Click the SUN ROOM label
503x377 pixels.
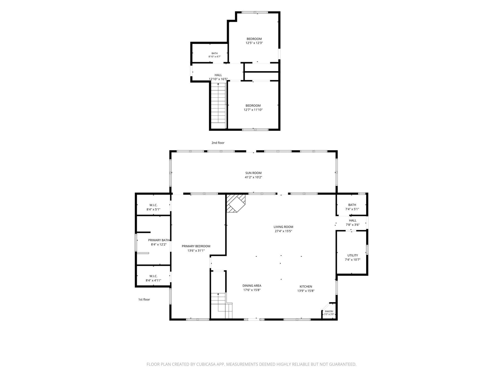(253, 173)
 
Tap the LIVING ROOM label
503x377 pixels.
(283, 227)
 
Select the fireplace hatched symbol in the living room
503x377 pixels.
(236, 203)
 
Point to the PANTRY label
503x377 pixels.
(329, 311)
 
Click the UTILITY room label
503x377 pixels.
(353, 255)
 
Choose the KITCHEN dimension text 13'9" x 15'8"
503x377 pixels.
(306, 291)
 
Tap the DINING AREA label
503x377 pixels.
(252, 286)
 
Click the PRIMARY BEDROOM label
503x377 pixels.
(196, 246)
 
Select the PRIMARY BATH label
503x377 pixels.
(159, 240)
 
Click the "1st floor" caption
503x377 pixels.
(144, 299)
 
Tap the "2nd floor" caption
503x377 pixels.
(218, 143)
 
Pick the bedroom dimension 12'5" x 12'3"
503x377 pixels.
(254, 43)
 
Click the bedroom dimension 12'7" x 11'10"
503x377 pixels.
(253, 110)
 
